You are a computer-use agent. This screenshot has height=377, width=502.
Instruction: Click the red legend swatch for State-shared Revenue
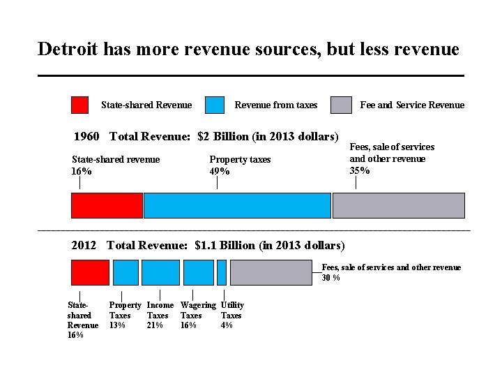tap(79, 105)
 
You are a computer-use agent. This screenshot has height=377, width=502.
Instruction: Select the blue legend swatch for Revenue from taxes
tap(215, 105)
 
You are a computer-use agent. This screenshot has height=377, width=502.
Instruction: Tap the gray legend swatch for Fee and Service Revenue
tap(341, 105)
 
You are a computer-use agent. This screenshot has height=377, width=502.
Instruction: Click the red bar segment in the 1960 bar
tap(107, 205)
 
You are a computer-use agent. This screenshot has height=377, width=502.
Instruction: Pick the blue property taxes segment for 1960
tap(237, 205)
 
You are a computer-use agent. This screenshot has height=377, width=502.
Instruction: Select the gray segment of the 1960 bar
tap(399, 205)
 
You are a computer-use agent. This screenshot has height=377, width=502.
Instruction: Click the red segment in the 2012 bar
tap(90, 272)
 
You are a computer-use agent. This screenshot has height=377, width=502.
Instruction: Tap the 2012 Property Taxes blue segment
tap(125, 272)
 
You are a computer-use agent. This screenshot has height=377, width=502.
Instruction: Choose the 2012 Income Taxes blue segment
tap(161, 272)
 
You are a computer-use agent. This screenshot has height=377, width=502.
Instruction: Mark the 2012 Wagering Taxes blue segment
tap(199, 272)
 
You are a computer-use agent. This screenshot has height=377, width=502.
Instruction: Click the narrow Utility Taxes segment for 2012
tap(222, 272)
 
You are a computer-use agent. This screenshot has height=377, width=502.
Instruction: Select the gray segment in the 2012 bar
tap(271, 272)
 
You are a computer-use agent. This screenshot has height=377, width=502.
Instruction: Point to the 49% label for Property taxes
tap(220, 171)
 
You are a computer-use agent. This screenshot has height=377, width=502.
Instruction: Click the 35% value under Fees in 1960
tap(360, 170)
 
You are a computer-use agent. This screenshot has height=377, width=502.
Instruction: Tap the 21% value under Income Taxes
tap(155, 325)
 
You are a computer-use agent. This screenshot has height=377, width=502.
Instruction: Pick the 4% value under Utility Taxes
tap(227, 325)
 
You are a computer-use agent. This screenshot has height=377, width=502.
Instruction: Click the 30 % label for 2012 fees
tap(330, 278)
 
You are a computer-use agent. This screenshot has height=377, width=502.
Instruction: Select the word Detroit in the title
tap(68, 49)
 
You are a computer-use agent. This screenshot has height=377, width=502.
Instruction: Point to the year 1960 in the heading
tap(86, 136)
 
